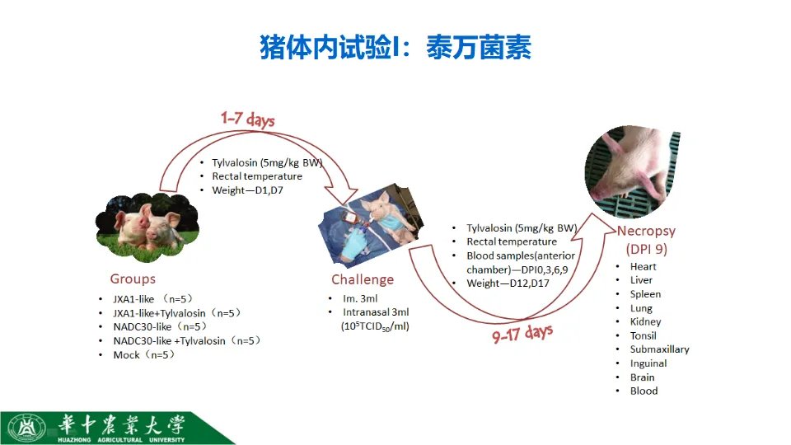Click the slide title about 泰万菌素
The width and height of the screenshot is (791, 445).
pyautogui.click(x=395, y=48)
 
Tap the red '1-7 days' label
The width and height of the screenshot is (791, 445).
pyautogui.click(x=248, y=119)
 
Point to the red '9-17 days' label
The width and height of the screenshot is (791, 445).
pyautogui.click(x=522, y=334)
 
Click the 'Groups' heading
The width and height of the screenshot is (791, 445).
pyautogui.click(x=133, y=279)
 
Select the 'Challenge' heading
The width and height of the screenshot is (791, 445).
pyautogui.click(x=363, y=279)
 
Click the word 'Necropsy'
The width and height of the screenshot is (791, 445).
pyautogui.click(x=646, y=231)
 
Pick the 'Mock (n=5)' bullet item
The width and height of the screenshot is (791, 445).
pyautogui.click(x=144, y=355)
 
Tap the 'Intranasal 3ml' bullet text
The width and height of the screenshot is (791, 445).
pyautogui.click(x=376, y=312)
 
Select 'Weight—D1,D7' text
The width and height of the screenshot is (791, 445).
pyautogui.click(x=248, y=190)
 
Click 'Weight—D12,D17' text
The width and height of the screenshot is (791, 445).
pyautogui.click(x=508, y=283)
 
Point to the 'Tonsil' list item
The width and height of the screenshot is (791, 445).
pyautogui.click(x=644, y=336)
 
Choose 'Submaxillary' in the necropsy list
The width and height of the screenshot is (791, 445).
pyautogui.click(x=659, y=349)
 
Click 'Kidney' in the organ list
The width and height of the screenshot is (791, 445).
pyautogui.click(x=645, y=322)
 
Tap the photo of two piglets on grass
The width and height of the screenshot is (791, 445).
pyautogui.click(x=147, y=224)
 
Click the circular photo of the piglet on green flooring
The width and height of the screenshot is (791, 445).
pyautogui.click(x=632, y=171)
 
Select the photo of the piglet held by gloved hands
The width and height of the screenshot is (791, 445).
pyautogui.click(x=371, y=225)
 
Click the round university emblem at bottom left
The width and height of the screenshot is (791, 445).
pyautogui.click(x=26, y=429)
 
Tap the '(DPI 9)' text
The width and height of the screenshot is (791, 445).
pyautogui.click(x=647, y=249)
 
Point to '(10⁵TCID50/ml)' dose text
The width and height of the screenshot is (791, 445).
pyautogui.click(x=375, y=326)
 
